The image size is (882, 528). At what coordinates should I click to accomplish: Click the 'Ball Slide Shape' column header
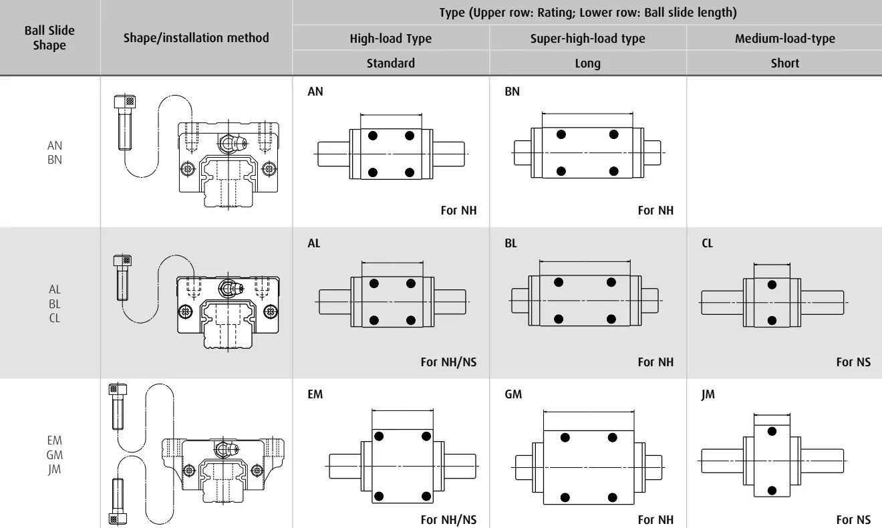pyautogui.click(x=49, y=38)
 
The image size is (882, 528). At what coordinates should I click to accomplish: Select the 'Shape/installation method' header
pyautogui.click(x=196, y=38)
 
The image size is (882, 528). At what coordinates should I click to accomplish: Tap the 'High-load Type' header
pyautogui.click(x=391, y=38)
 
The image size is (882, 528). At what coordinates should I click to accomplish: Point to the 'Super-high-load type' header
pyautogui.click(x=587, y=38)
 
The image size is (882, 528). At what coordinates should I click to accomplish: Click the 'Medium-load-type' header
pyautogui.click(x=784, y=38)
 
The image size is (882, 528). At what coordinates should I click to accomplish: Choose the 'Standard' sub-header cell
pyautogui.click(x=391, y=63)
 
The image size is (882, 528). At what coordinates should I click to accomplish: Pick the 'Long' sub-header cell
pyautogui.click(x=587, y=63)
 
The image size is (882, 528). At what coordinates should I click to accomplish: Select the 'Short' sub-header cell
pyautogui.click(x=784, y=63)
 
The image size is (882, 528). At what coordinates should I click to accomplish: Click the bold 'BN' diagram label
pyautogui.click(x=512, y=92)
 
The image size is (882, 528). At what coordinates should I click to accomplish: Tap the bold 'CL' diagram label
pyautogui.click(x=707, y=243)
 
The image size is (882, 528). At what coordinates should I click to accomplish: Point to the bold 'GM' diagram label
pyautogui.click(x=513, y=394)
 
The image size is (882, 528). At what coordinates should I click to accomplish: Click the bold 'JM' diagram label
pyautogui.click(x=708, y=394)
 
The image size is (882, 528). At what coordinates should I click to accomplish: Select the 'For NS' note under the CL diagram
pyautogui.click(x=853, y=362)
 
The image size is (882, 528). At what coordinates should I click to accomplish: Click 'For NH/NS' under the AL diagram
pyautogui.click(x=448, y=362)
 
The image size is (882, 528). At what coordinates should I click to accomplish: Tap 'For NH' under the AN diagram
pyautogui.click(x=459, y=211)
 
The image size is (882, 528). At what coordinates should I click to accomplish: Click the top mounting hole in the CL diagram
pyautogui.click(x=772, y=285)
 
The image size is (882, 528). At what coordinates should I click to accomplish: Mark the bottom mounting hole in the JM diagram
pyautogui.click(x=772, y=491)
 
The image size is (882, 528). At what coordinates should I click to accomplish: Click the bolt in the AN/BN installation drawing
pyautogui.click(x=125, y=122)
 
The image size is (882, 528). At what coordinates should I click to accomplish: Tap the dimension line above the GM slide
pyautogui.click(x=589, y=412)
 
